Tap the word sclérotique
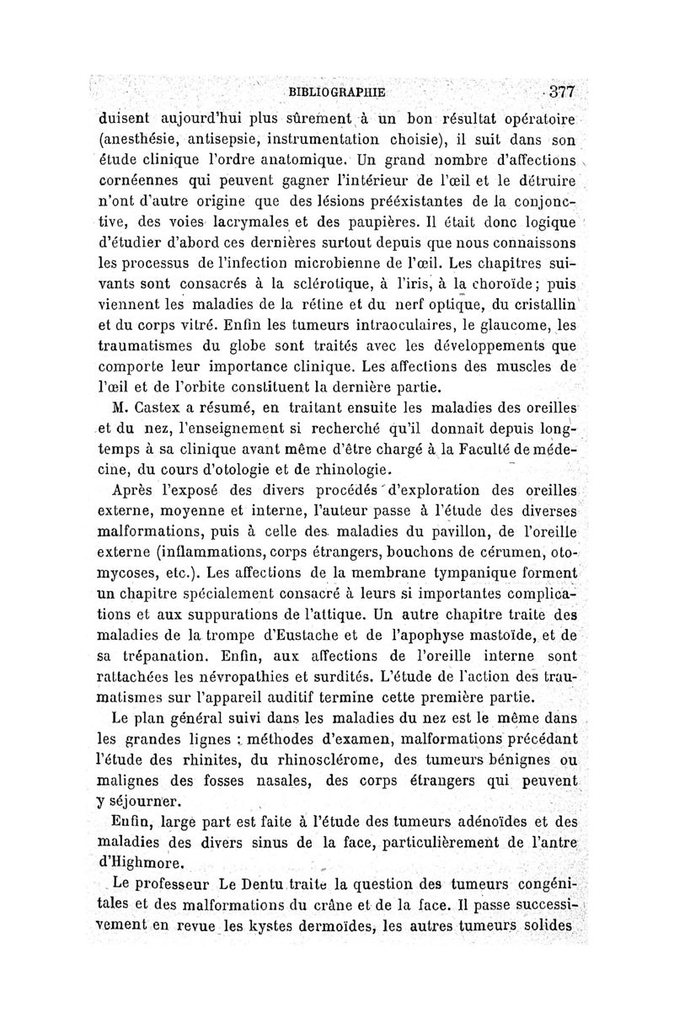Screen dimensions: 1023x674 [296, 278]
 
